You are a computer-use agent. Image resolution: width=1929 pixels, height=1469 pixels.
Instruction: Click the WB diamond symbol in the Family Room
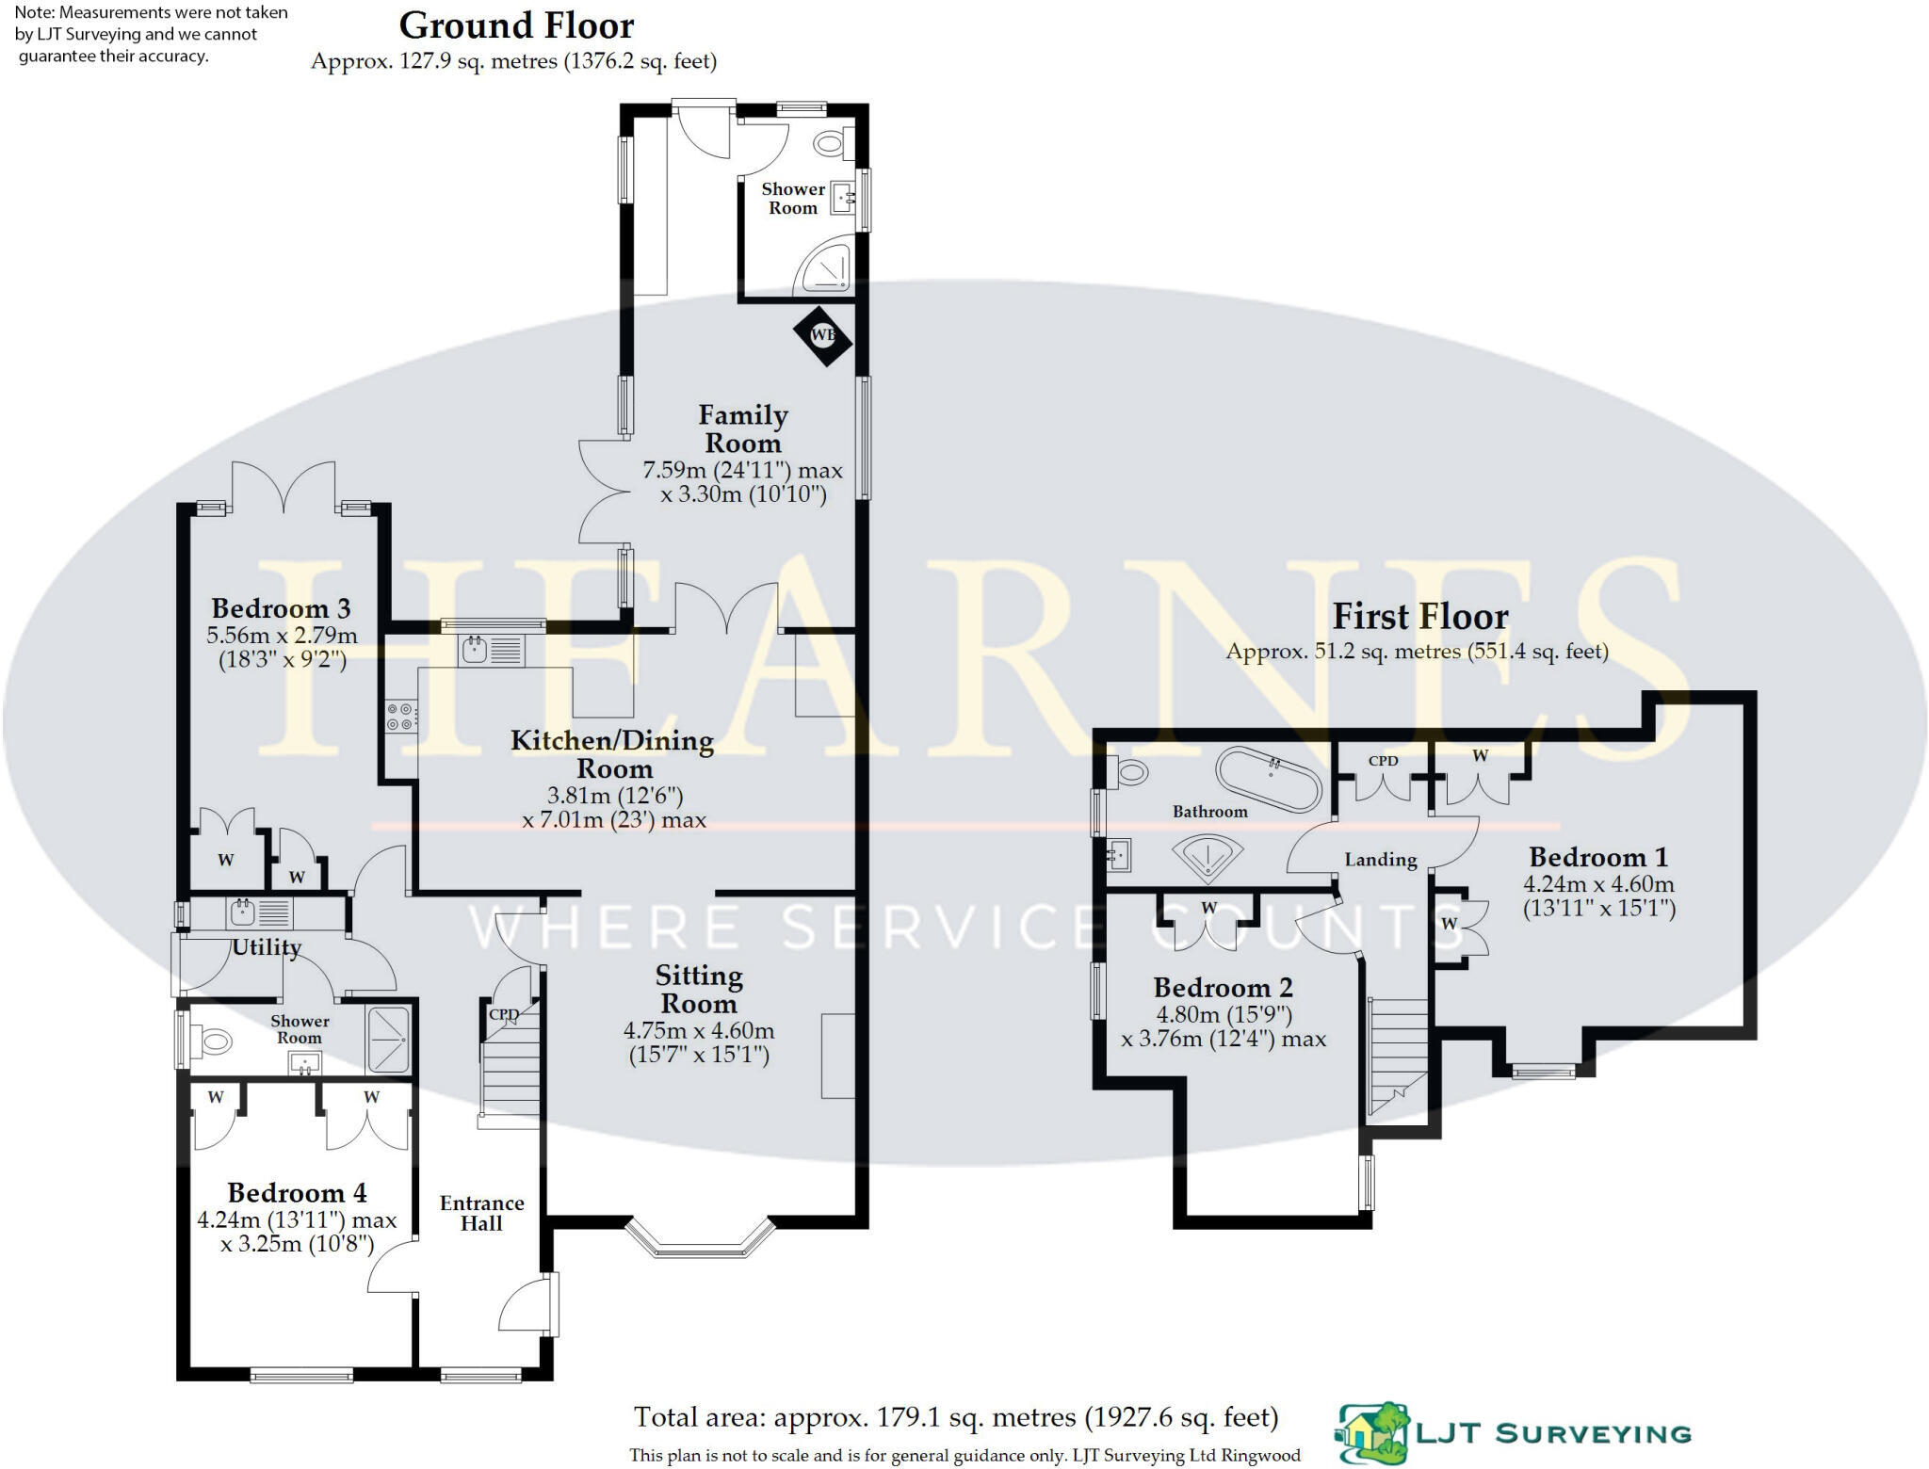pos(822,335)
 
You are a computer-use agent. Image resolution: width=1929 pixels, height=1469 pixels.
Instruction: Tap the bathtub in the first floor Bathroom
pos(1268,779)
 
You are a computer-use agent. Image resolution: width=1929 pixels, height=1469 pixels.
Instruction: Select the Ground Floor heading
pos(516,25)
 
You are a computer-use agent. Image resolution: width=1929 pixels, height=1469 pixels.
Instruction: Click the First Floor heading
pos(1419,617)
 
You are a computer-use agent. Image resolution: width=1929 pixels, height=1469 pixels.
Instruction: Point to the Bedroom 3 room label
pos(281,608)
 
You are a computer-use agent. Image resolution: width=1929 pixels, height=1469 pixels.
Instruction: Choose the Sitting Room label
pos(699,989)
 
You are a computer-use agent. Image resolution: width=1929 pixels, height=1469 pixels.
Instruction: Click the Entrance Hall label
pos(481,1213)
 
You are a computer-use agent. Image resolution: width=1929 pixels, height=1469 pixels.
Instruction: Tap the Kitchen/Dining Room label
pos(612,753)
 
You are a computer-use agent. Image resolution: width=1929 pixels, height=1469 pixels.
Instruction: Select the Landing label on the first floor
pos(1380,860)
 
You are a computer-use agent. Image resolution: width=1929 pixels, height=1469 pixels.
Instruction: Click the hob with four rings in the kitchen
pos(400,717)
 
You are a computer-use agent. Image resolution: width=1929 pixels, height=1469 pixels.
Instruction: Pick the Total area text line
pos(955,1417)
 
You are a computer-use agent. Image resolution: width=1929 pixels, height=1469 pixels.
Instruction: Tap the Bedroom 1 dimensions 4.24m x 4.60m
pos(1598,884)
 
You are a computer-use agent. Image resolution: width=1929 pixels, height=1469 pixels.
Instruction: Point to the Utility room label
pos(267,947)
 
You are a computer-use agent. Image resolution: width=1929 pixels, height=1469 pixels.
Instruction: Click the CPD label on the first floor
pos(1383,761)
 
